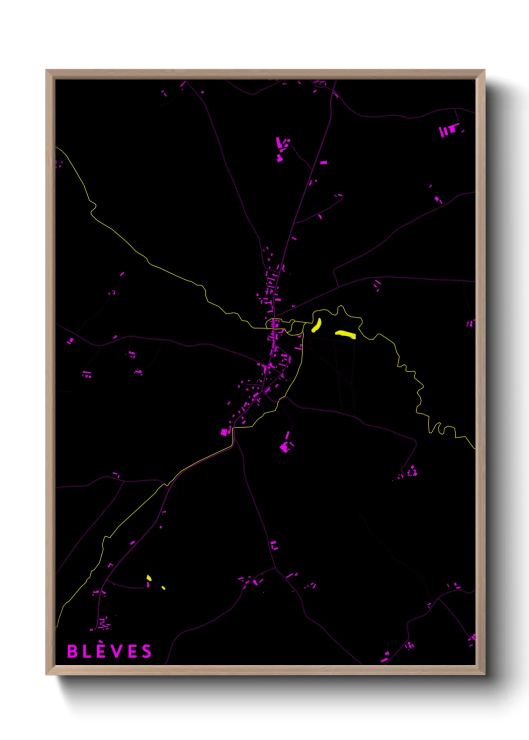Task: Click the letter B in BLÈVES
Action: tap(72, 651)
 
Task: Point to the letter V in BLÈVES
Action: tap(116, 651)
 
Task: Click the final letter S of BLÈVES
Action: tap(146, 651)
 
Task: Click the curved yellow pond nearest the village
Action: tap(316, 325)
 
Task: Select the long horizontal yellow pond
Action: tap(345, 334)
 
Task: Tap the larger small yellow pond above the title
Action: tap(148, 578)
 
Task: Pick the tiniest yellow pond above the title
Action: tap(163, 587)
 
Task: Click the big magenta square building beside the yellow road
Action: tap(224, 432)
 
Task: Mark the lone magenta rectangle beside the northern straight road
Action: tap(323, 162)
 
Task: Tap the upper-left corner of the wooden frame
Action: tap(47, 71)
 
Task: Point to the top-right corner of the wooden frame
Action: tap(484, 71)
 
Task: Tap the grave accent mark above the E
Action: tap(101, 643)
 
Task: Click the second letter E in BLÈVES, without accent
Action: tap(131, 651)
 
